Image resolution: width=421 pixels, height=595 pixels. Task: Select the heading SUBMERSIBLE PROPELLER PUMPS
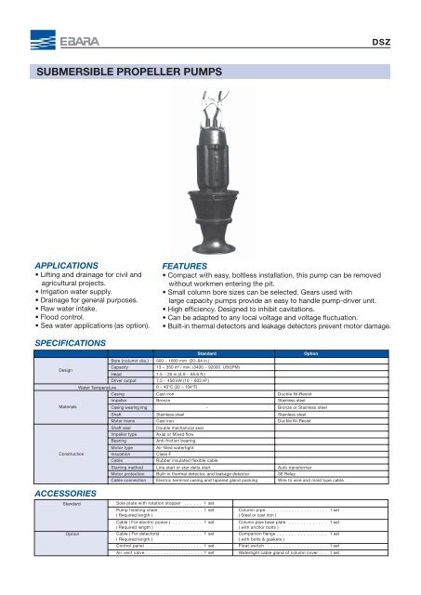click(124, 72)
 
